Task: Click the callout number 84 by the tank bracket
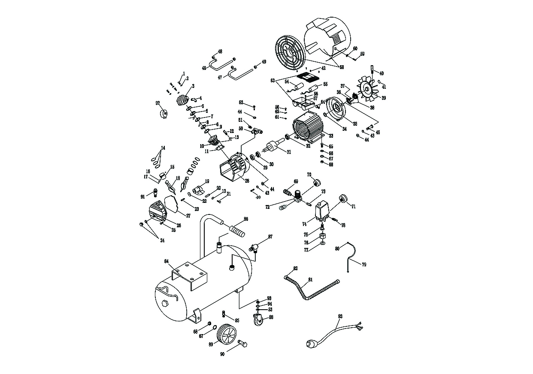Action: (167, 261)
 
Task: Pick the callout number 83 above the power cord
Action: (340, 317)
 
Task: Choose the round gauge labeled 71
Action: (343, 199)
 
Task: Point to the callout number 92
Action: (157, 103)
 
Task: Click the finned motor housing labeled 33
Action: (308, 128)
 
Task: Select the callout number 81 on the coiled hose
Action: (310, 280)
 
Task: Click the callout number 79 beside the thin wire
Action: (364, 265)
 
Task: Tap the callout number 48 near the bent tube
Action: (220, 51)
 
